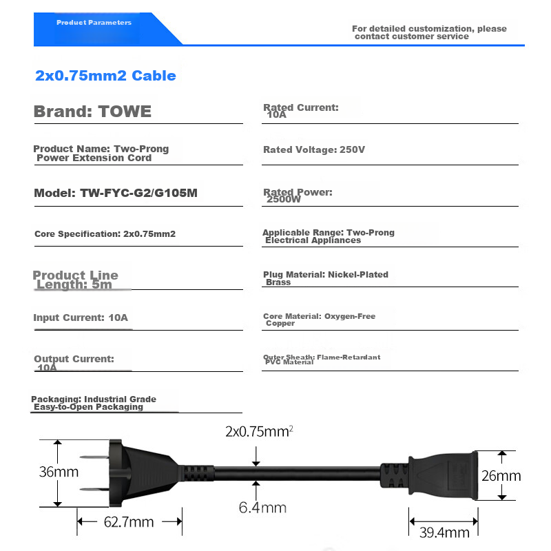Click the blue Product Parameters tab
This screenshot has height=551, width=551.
[x=94, y=23]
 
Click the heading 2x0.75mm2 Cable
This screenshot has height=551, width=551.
[x=105, y=76]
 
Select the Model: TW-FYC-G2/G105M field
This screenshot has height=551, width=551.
[x=116, y=193]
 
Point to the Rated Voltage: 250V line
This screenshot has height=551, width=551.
[x=314, y=150]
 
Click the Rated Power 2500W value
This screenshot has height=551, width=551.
[x=284, y=200]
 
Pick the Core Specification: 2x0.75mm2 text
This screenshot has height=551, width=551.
[x=105, y=234]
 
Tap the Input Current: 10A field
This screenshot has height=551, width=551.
[x=81, y=318]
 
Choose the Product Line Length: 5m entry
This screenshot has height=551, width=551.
[x=75, y=280]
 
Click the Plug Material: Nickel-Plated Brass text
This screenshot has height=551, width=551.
[x=325, y=278]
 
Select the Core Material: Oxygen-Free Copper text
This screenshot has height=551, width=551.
[x=319, y=320]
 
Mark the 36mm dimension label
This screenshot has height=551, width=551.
[x=58, y=472]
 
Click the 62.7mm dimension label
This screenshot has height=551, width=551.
[x=129, y=522]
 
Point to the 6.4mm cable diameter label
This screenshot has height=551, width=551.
[x=262, y=508]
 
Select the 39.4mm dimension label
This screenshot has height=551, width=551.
[x=444, y=532]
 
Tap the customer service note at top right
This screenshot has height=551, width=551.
[x=429, y=32]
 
